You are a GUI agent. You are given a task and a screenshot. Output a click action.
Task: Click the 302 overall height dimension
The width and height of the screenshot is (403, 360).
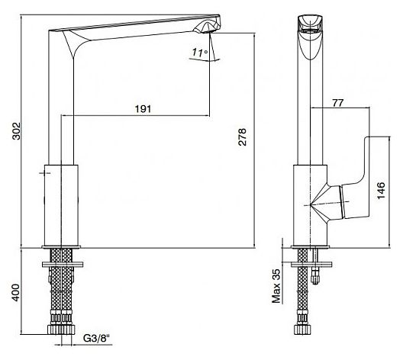(17, 131)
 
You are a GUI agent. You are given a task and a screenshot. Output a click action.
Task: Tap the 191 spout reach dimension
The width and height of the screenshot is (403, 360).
(143, 109)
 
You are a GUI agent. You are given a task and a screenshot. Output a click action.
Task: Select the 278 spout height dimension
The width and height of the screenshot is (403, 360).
(242, 137)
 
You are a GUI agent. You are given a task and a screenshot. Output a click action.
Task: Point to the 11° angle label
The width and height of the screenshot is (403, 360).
(200, 53)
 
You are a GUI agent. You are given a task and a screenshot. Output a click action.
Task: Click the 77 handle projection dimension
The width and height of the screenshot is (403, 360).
(337, 103)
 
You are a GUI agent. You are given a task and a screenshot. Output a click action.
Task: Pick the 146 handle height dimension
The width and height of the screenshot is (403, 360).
(381, 190)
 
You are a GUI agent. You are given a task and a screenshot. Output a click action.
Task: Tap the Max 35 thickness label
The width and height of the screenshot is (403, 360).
(276, 286)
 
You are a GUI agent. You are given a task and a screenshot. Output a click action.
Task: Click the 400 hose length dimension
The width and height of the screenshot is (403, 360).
(16, 292)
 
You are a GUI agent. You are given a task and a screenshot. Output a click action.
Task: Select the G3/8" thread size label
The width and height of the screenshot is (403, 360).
(96, 338)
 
